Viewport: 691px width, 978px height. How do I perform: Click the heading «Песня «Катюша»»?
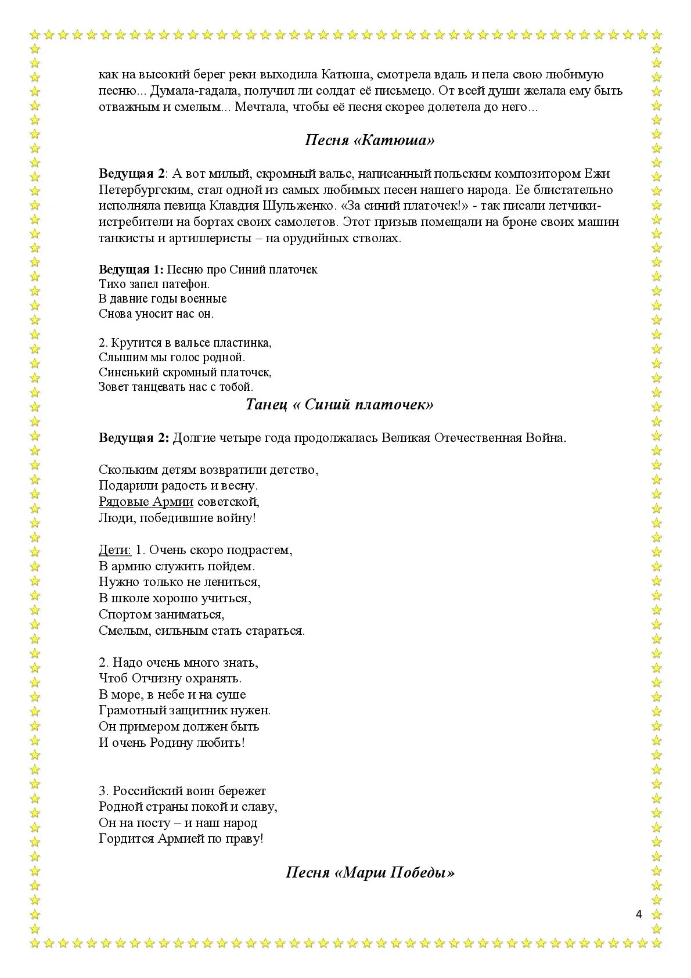370,141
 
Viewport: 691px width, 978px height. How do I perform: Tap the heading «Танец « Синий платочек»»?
339,405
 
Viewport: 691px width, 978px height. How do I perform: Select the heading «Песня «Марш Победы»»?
370,872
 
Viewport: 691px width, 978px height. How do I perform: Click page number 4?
639,915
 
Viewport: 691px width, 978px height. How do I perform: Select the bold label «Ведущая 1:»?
132,269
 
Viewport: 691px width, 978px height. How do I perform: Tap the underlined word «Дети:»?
116,549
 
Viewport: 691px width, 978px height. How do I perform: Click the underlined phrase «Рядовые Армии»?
146,502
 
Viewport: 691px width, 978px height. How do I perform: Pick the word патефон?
186,285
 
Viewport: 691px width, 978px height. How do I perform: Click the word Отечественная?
475,438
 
